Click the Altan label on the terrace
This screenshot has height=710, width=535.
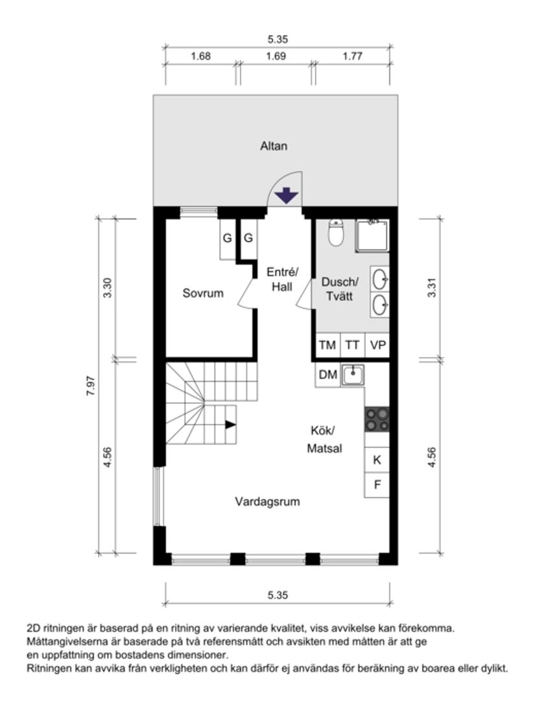click(x=273, y=146)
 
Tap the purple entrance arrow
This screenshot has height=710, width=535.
click(x=285, y=195)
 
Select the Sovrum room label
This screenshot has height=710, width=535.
click(x=202, y=293)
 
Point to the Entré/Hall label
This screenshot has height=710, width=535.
click(x=282, y=279)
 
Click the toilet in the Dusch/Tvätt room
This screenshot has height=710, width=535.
click(x=335, y=233)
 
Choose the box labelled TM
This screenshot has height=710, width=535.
click(x=327, y=345)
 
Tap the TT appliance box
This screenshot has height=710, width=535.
click(x=351, y=345)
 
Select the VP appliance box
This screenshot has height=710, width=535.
click(x=377, y=345)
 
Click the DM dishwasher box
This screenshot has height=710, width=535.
click(x=327, y=375)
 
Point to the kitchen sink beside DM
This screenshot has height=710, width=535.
click(x=353, y=375)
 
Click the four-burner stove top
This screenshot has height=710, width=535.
click(x=377, y=419)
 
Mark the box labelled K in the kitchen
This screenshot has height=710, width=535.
click(x=377, y=460)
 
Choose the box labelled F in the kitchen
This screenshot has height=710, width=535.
click(x=377, y=484)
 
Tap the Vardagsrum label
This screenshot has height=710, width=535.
click(x=267, y=501)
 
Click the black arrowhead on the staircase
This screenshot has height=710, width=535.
click(x=230, y=425)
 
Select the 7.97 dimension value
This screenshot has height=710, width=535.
click(x=91, y=386)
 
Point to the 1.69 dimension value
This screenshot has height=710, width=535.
click(x=276, y=56)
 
